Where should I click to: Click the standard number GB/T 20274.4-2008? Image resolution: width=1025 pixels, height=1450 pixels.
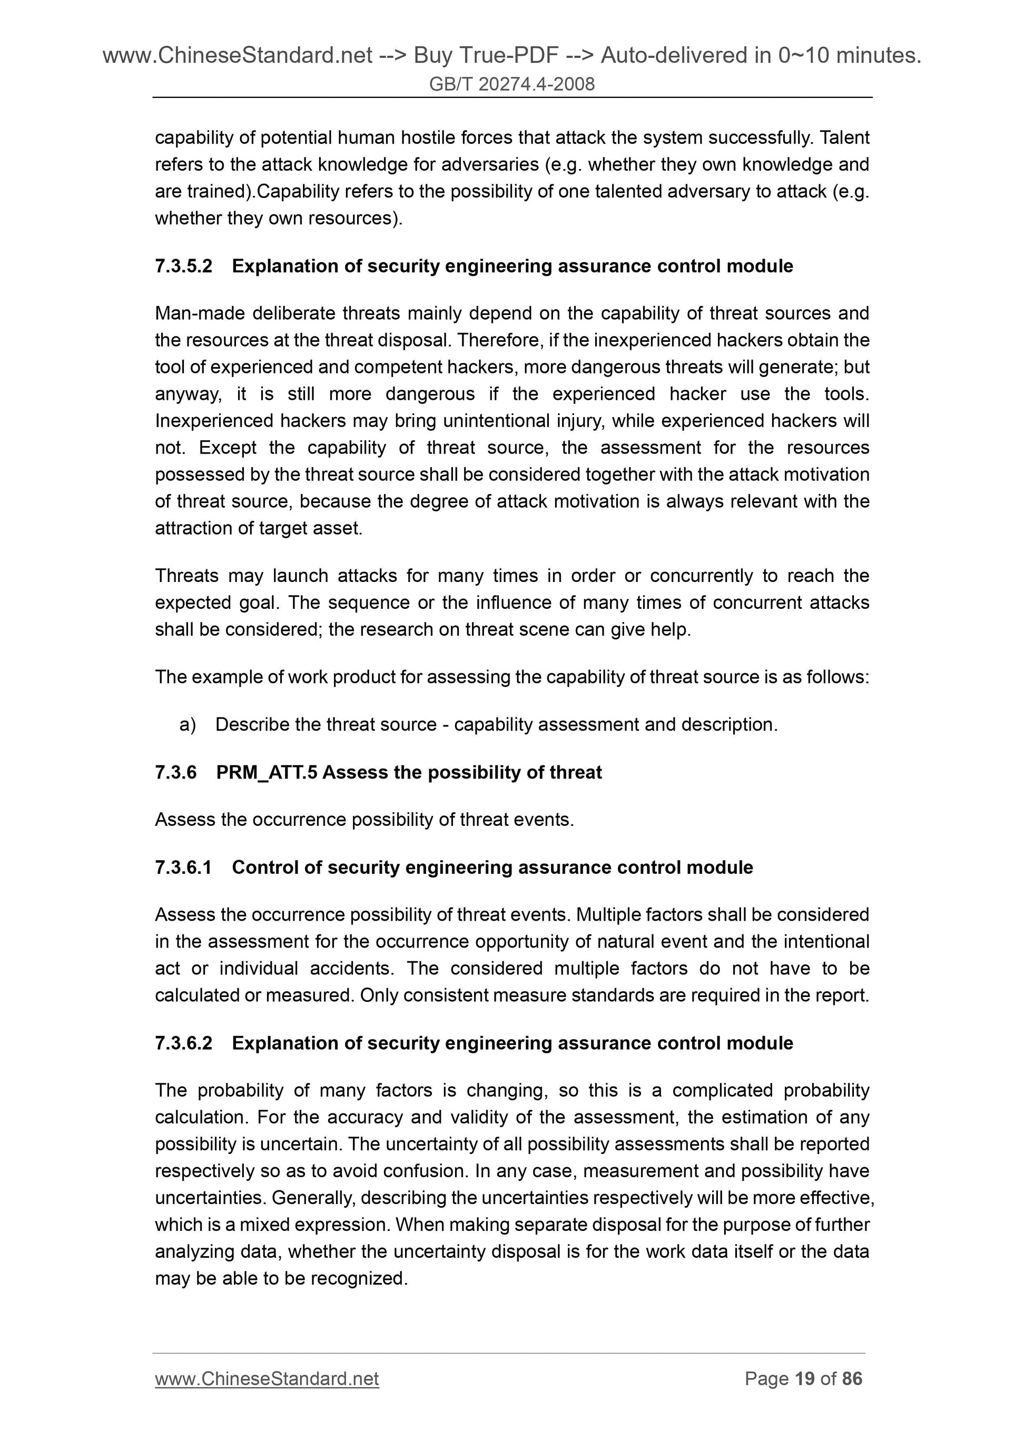tap(511, 84)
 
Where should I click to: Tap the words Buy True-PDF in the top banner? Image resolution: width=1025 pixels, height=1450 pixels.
tap(486, 56)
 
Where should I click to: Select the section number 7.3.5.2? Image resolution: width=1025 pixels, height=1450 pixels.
tap(184, 266)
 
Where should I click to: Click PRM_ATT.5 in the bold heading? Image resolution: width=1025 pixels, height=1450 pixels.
tap(267, 772)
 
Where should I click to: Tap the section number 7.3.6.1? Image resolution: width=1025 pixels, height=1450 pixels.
tap(184, 867)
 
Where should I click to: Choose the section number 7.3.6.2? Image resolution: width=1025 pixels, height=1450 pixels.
tap(184, 1043)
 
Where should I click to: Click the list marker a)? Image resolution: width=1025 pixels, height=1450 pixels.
tap(188, 724)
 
